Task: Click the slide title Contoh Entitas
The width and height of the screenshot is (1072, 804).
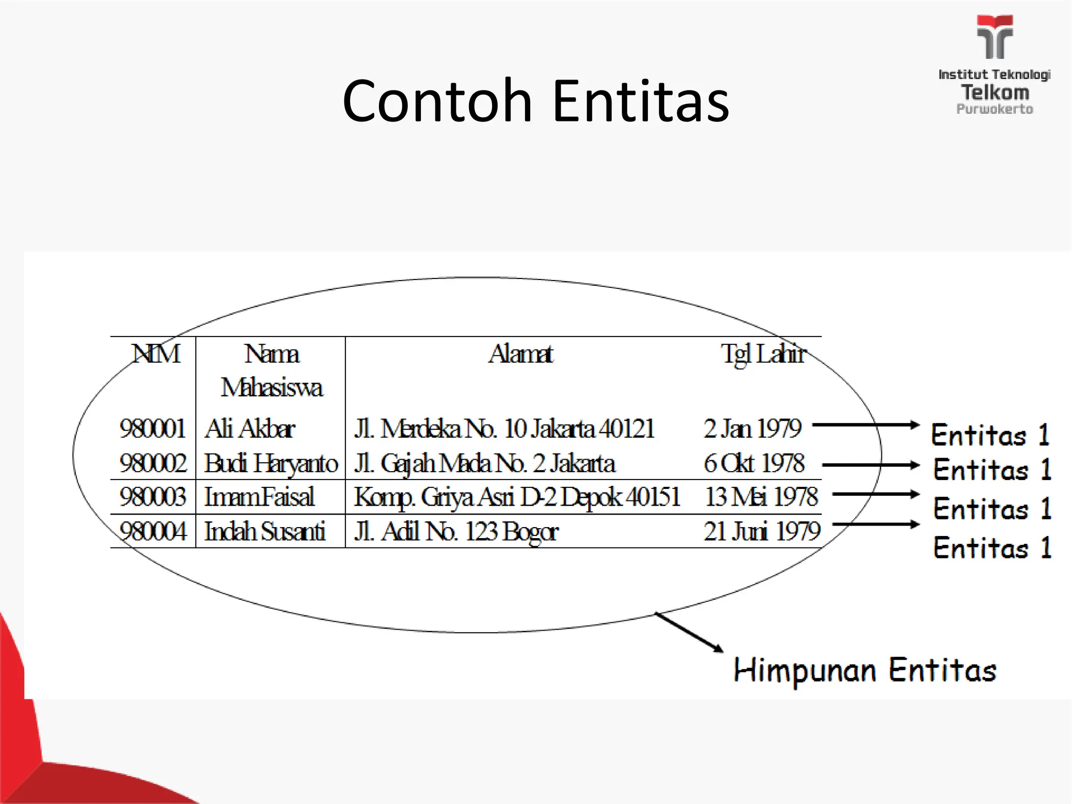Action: [x=535, y=100]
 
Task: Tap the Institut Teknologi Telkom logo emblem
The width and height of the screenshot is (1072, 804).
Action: [x=995, y=37]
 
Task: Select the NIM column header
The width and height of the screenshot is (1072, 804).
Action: [x=155, y=354]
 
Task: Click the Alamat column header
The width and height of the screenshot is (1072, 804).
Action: [x=521, y=354]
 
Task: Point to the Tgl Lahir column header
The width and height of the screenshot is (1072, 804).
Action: [x=763, y=354]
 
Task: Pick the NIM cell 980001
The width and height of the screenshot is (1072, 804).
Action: [x=152, y=429]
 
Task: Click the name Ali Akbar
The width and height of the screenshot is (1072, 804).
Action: [x=250, y=429]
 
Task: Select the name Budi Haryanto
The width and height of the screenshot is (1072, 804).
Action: [x=271, y=463]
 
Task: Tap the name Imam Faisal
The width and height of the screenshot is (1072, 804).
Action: [x=259, y=497]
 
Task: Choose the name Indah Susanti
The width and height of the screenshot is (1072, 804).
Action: [x=264, y=531]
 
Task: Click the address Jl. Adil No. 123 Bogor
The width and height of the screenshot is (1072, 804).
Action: [x=456, y=531]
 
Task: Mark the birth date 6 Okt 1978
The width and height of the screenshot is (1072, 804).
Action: [x=754, y=463]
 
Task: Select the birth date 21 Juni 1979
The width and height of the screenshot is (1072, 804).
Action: [x=762, y=531]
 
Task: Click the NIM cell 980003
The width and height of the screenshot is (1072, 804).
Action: [x=152, y=497]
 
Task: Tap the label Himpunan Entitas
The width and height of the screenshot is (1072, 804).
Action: [x=865, y=670]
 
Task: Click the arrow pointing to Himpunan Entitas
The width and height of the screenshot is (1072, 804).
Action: [x=689, y=632]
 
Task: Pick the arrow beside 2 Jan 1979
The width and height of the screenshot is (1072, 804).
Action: [x=866, y=425]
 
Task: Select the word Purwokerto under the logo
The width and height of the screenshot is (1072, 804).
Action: [x=995, y=109]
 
